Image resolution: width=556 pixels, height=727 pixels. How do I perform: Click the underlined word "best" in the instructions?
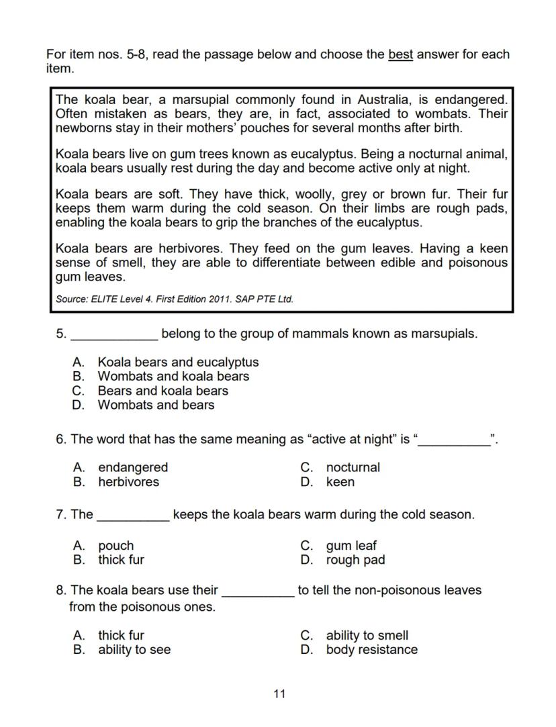pyautogui.click(x=400, y=54)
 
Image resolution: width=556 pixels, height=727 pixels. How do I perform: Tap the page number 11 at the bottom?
pyautogui.click(x=279, y=694)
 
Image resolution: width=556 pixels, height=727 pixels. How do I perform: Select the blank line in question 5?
pyautogui.click(x=114, y=334)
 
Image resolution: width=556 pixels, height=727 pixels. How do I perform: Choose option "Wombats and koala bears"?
pyautogui.click(x=173, y=377)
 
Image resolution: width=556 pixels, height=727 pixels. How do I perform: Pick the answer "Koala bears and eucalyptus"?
pyautogui.click(x=178, y=362)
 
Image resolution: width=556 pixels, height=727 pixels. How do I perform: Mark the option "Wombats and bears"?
pyautogui.click(x=156, y=405)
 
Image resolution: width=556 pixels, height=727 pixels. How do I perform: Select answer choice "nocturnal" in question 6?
pyautogui.click(x=353, y=468)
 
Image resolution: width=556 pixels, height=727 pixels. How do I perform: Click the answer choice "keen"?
pyautogui.click(x=340, y=482)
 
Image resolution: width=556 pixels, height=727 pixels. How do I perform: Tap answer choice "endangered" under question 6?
pyautogui.click(x=133, y=468)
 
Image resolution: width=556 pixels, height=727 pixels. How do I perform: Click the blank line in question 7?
pyautogui.click(x=133, y=516)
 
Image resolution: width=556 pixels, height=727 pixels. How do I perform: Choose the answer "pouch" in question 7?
pyautogui.click(x=115, y=546)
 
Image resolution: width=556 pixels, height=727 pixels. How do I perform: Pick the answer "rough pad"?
pyautogui.click(x=355, y=560)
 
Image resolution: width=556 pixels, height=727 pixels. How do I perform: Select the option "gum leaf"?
pyautogui.click(x=351, y=546)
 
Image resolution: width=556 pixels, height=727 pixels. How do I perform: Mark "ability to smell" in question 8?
pyautogui.click(x=367, y=636)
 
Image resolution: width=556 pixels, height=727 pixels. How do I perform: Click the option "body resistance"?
pyautogui.click(x=371, y=650)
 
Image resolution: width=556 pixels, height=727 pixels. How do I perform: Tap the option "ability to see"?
pyautogui.click(x=134, y=650)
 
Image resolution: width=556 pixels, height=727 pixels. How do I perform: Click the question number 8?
pyautogui.click(x=60, y=591)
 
